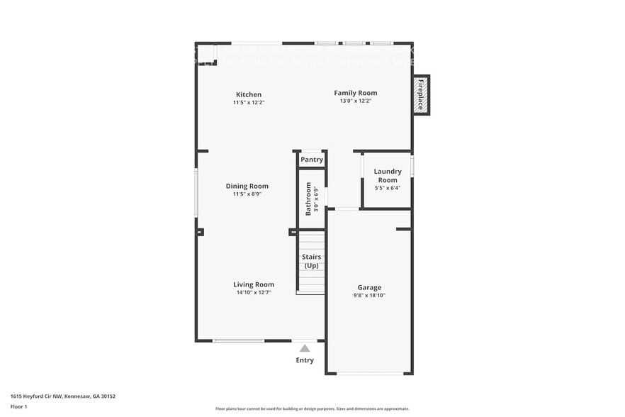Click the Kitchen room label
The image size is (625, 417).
(249, 94)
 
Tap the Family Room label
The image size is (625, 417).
(356, 93)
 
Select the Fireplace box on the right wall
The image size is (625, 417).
(421, 95)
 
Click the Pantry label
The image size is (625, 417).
(312, 160)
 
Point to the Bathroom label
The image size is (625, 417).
(308, 199)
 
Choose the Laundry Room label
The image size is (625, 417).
(388, 175)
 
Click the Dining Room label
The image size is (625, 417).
(247, 186)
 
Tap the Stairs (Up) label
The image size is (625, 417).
(312, 261)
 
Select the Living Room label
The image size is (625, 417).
(254, 284)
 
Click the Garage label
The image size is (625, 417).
(369, 287)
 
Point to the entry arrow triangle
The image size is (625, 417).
(304, 348)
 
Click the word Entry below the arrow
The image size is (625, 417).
(305, 361)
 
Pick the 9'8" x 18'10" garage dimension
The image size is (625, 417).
(369, 296)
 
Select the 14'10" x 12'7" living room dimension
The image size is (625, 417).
(254, 292)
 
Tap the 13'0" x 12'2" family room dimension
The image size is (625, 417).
(356, 101)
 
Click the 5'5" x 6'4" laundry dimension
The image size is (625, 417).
(388, 188)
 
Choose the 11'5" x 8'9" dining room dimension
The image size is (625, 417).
(247, 194)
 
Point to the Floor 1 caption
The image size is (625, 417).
(19, 406)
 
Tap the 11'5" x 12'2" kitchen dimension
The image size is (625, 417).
(249, 102)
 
